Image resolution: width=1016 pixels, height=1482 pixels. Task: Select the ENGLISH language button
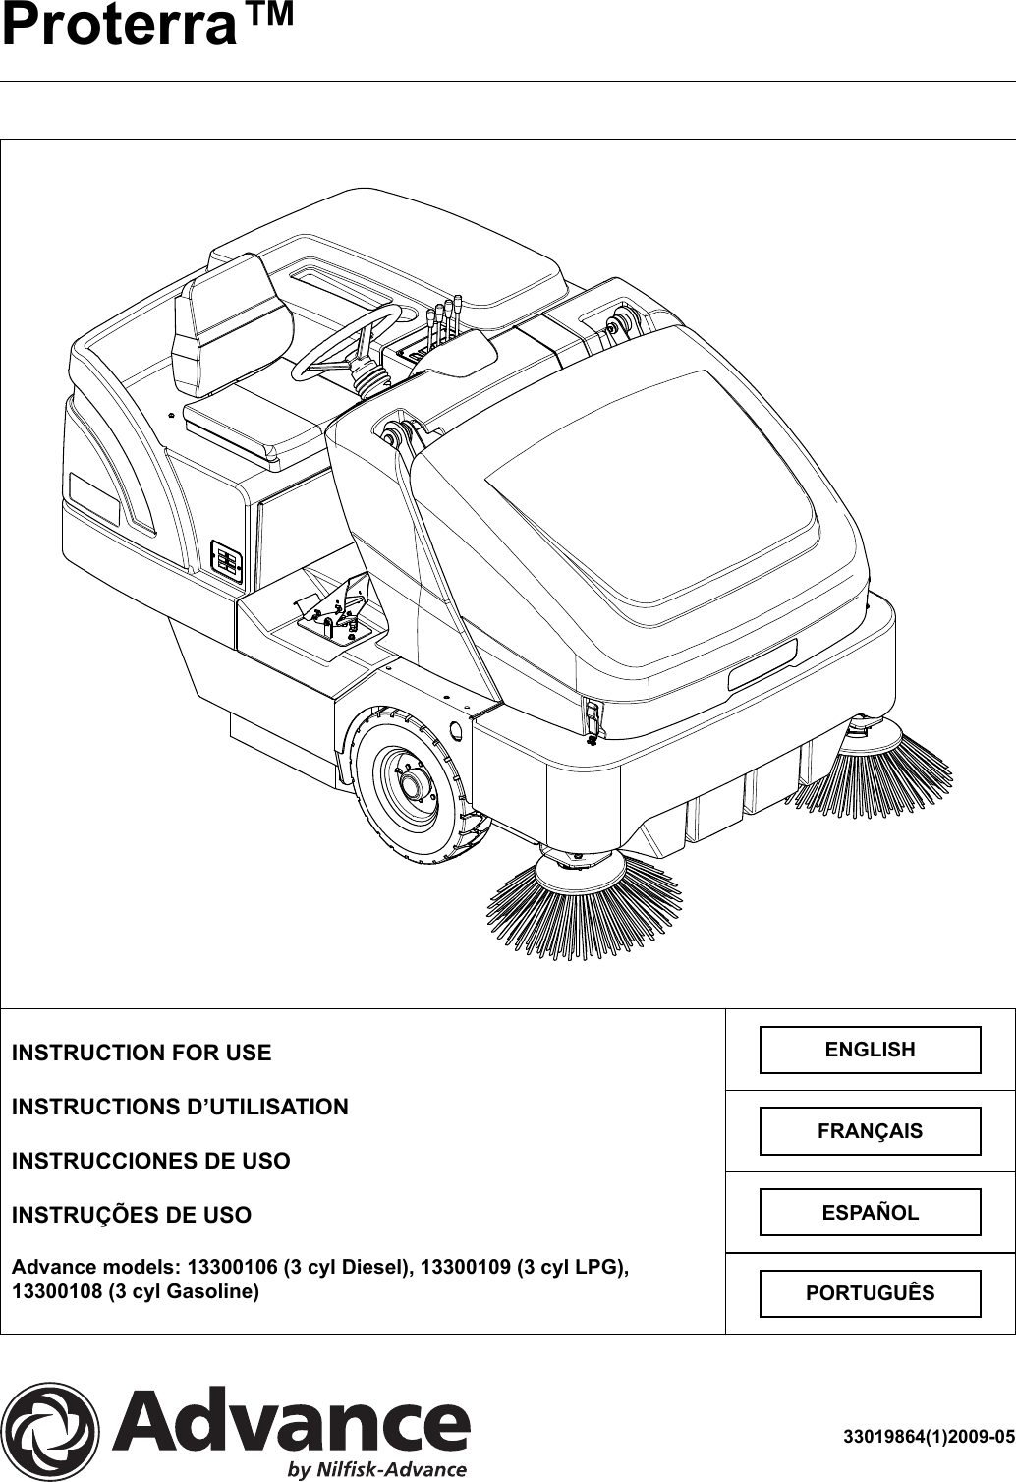870,1050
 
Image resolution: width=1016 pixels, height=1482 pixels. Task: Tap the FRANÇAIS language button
870,1130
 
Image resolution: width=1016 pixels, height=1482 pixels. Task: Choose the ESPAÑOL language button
870,1212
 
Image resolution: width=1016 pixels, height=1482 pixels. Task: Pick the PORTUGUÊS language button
870,1292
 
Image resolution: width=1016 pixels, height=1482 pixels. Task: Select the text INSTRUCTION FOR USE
141,1054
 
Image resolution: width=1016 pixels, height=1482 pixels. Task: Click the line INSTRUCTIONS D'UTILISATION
180,1107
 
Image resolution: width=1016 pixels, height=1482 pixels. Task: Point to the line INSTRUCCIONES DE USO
150,1161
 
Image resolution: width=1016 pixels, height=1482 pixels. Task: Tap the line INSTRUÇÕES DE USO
131,1215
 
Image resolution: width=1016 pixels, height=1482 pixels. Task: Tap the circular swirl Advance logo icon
50,1431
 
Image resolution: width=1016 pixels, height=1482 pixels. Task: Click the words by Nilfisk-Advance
376,1470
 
